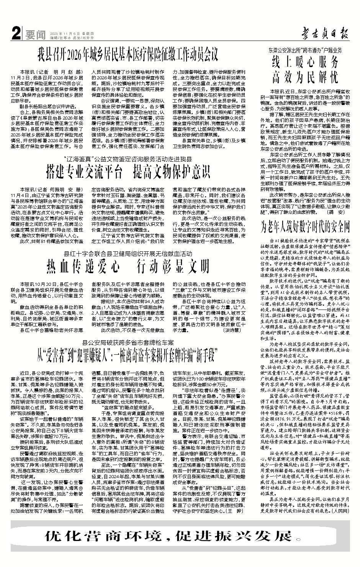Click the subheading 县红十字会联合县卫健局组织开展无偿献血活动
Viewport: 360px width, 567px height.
128,254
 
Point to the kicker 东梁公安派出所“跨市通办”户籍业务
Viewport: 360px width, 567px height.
305,50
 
